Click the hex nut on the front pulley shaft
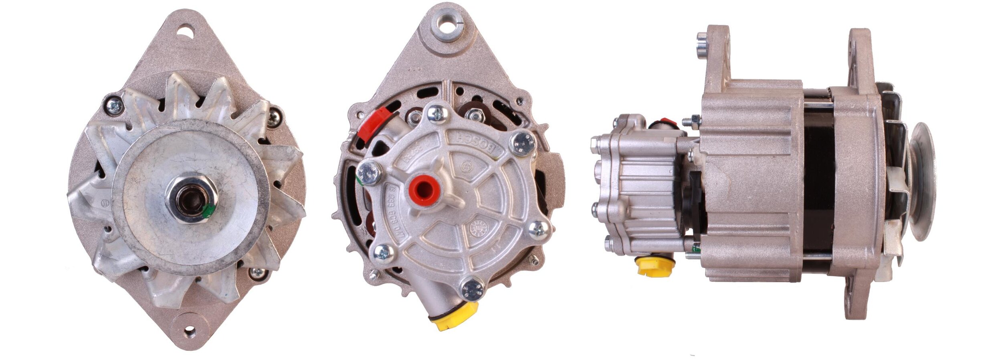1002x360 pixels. [191, 200]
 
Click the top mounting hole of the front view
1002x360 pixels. [185, 30]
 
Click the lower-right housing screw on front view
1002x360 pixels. [257, 273]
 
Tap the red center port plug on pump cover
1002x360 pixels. [423, 190]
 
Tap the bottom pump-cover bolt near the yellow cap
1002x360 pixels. [473, 289]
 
